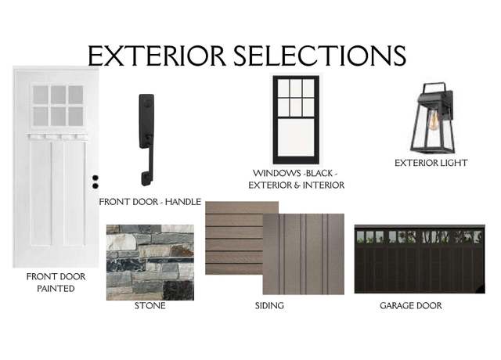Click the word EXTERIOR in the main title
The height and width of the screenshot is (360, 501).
pos(157,56)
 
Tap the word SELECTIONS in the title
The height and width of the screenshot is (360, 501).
pos(320,56)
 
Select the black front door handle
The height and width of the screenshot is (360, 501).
pos(146,139)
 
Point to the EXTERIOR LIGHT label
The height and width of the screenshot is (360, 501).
pos(431,163)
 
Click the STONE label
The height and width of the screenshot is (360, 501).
pos(150,306)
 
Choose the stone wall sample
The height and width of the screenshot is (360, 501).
pos(150,262)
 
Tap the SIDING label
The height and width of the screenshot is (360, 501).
pos(269,306)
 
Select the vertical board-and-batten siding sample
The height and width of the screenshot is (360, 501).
pos(304,254)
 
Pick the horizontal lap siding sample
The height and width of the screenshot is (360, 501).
pos(234,238)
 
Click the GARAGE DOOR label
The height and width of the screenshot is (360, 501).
pos(411,306)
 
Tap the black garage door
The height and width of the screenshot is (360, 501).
pos(420,259)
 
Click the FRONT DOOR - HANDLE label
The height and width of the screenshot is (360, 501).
pos(150,202)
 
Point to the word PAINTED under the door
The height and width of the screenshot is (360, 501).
pos(56,289)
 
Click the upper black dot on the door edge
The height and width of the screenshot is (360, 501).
pos(96,178)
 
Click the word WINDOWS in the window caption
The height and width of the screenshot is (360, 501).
pos(276,173)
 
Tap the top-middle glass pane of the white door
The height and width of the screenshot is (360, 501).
pos(59,95)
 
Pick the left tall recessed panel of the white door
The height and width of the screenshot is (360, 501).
pos(41,193)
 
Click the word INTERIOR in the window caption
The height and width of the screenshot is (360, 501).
pos(323,185)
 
